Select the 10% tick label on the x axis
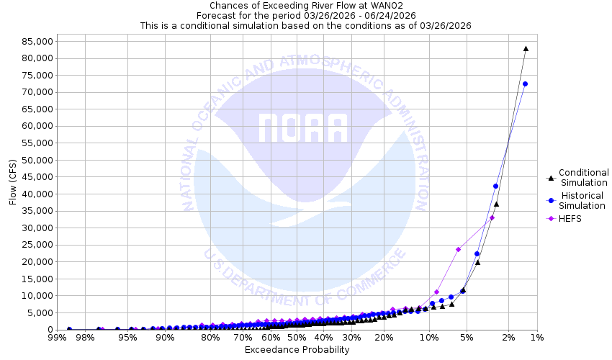point(429,337)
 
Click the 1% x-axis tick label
point(536,337)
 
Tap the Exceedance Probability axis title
point(297,350)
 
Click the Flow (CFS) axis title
point(13,182)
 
